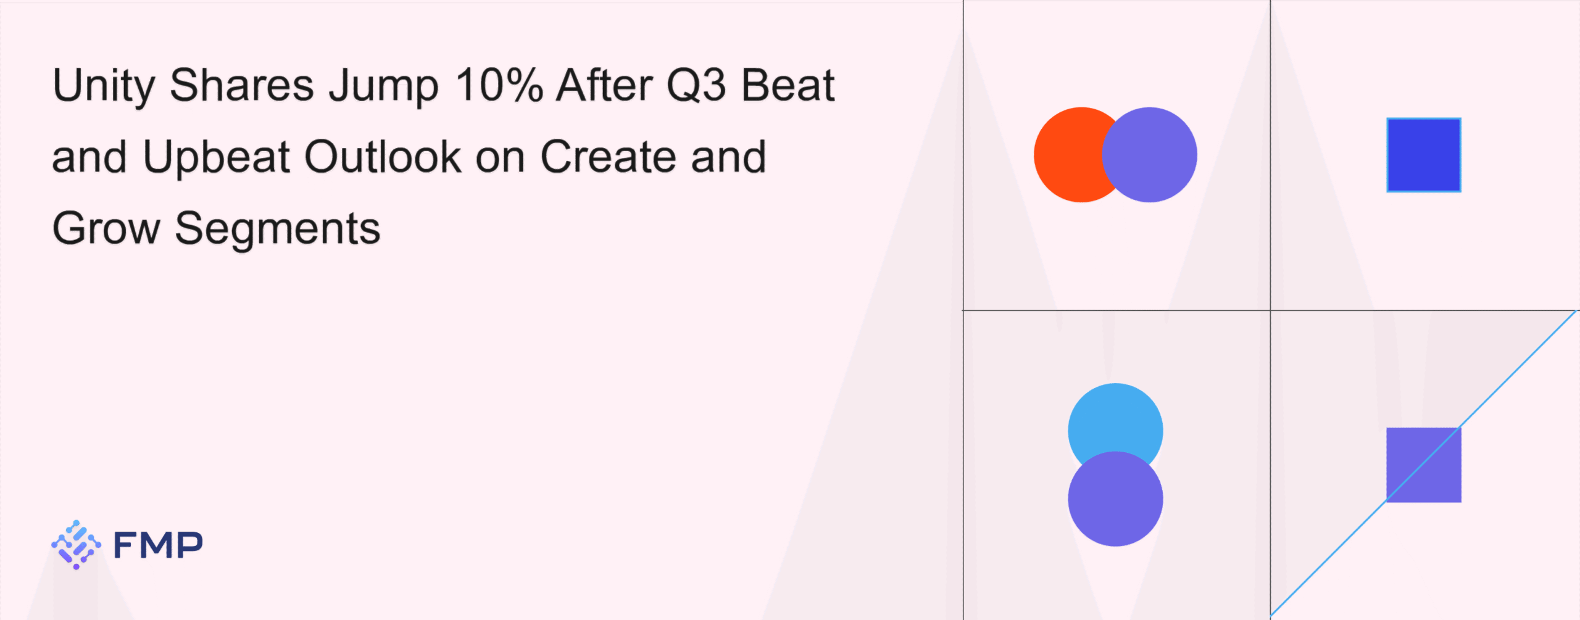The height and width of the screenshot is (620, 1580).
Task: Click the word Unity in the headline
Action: pos(104,86)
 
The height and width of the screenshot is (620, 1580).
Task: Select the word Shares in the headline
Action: pos(242,85)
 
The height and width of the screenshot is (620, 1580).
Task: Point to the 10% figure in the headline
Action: pos(499,85)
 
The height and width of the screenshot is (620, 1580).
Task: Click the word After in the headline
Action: pos(605,85)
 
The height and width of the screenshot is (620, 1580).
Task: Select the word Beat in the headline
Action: pos(788,85)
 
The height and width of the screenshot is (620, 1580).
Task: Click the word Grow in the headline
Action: pos(106,228)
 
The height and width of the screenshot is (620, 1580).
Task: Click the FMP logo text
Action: pos(158,545)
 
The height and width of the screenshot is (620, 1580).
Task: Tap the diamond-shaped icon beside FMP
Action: pos(76,544)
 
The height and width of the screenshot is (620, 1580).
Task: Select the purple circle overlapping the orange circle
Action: pos(1149,155)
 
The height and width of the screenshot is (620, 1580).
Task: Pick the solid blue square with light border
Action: pos(1424,155)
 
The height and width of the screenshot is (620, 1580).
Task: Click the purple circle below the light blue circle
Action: pos(1115,498)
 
